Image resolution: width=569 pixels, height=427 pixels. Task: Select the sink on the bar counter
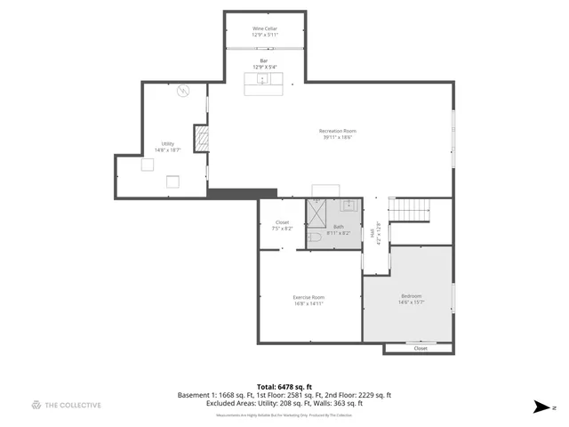263,80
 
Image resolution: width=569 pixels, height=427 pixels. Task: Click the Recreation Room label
337,134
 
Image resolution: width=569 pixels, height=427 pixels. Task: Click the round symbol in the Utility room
184,91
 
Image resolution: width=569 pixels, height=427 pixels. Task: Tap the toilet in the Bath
314,238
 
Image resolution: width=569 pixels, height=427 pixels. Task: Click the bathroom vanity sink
349,205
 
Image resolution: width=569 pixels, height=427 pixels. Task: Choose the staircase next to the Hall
410,212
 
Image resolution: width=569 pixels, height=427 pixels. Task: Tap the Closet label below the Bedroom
420,349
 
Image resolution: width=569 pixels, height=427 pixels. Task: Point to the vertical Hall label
372,233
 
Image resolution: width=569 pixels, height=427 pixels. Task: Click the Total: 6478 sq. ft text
284,387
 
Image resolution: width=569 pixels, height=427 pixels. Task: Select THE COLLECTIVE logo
66,405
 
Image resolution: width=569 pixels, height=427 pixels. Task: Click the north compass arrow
541,407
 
